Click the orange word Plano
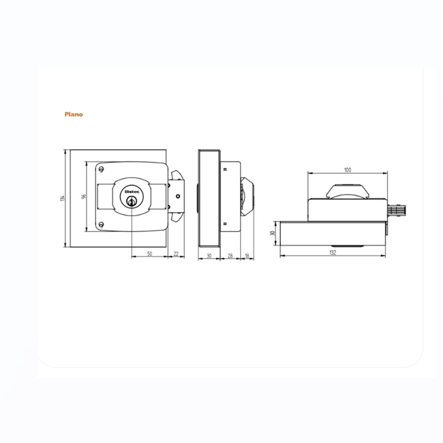(73, 114)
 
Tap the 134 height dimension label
(62, 198)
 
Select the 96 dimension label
(84, 196)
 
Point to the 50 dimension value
(150, 254)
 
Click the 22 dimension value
(176, 254)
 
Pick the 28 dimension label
(230, 255)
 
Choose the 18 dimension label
(247, 255)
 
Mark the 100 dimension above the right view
(348, 170)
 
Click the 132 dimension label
(333, 253)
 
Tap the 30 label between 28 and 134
(209, 255)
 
